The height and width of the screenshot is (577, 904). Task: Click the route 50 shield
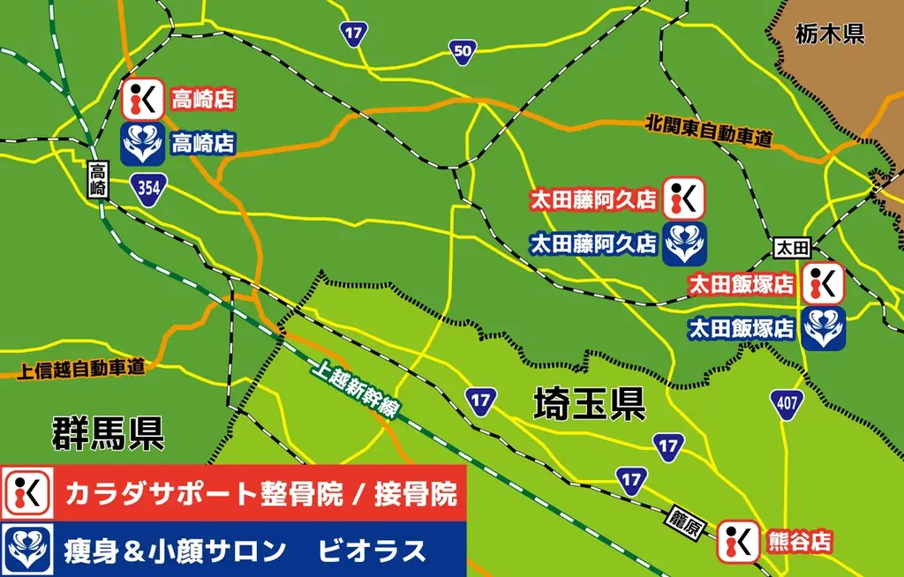coord(462,51)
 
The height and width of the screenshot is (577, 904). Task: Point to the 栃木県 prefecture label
coord(828,34)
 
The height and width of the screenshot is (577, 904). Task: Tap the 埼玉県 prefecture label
coord(589,405)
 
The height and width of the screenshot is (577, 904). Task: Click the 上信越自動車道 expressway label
coord(81,368)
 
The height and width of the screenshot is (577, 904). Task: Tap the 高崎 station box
coord(98,179)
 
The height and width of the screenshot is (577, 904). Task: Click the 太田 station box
coord(790,250)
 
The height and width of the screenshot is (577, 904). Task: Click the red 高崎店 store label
coord(203,100)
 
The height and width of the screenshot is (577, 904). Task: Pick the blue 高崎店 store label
coord(203,143)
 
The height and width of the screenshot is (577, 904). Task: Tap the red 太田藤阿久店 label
coord(592,200)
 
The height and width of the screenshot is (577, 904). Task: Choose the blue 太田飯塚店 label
coord(741,329)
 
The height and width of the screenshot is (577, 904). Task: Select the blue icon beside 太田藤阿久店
coord(685,244)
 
